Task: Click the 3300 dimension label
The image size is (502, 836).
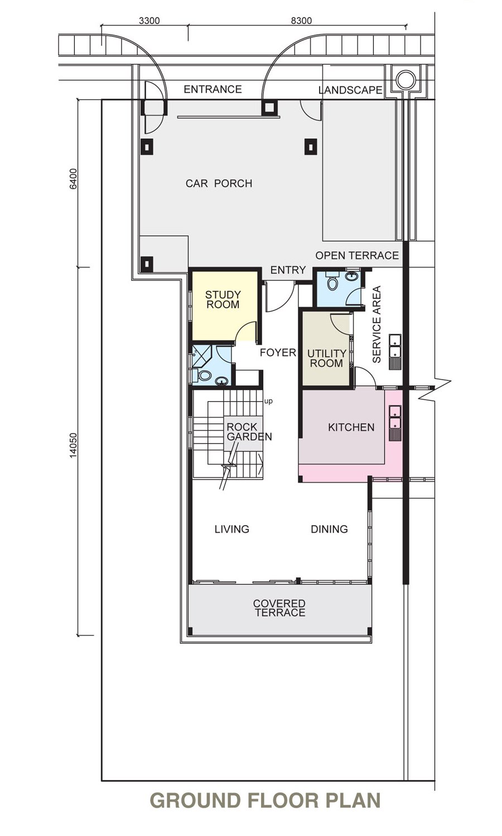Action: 149,21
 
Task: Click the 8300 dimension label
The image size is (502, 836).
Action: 301,21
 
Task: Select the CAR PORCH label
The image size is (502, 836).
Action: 219,183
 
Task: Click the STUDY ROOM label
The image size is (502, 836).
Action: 223,300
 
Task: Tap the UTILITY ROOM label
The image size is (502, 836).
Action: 327,358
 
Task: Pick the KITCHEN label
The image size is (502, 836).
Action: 351,427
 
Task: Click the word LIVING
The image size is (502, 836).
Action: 232,529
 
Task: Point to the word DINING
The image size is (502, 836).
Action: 330,529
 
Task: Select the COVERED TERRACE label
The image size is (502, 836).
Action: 279,608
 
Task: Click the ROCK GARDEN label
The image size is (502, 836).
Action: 249,431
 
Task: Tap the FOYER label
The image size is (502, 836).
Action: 278,352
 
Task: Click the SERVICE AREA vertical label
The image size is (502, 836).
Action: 376,324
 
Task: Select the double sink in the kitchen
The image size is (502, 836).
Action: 395,423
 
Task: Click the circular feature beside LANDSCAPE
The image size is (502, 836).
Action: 406,79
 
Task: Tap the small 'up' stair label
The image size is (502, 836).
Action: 268,402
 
